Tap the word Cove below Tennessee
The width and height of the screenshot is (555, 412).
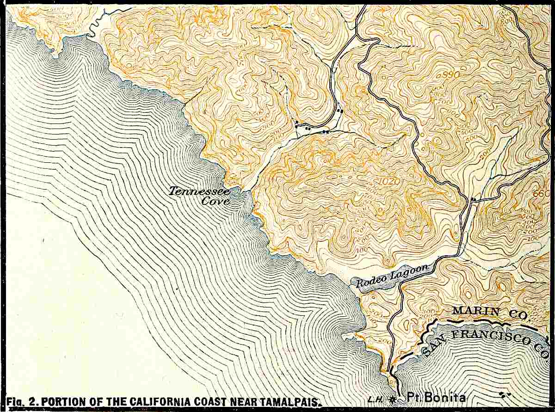point(216,201)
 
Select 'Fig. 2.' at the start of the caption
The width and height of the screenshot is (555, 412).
point(21,400)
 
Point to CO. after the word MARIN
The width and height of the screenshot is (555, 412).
point(518,314)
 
